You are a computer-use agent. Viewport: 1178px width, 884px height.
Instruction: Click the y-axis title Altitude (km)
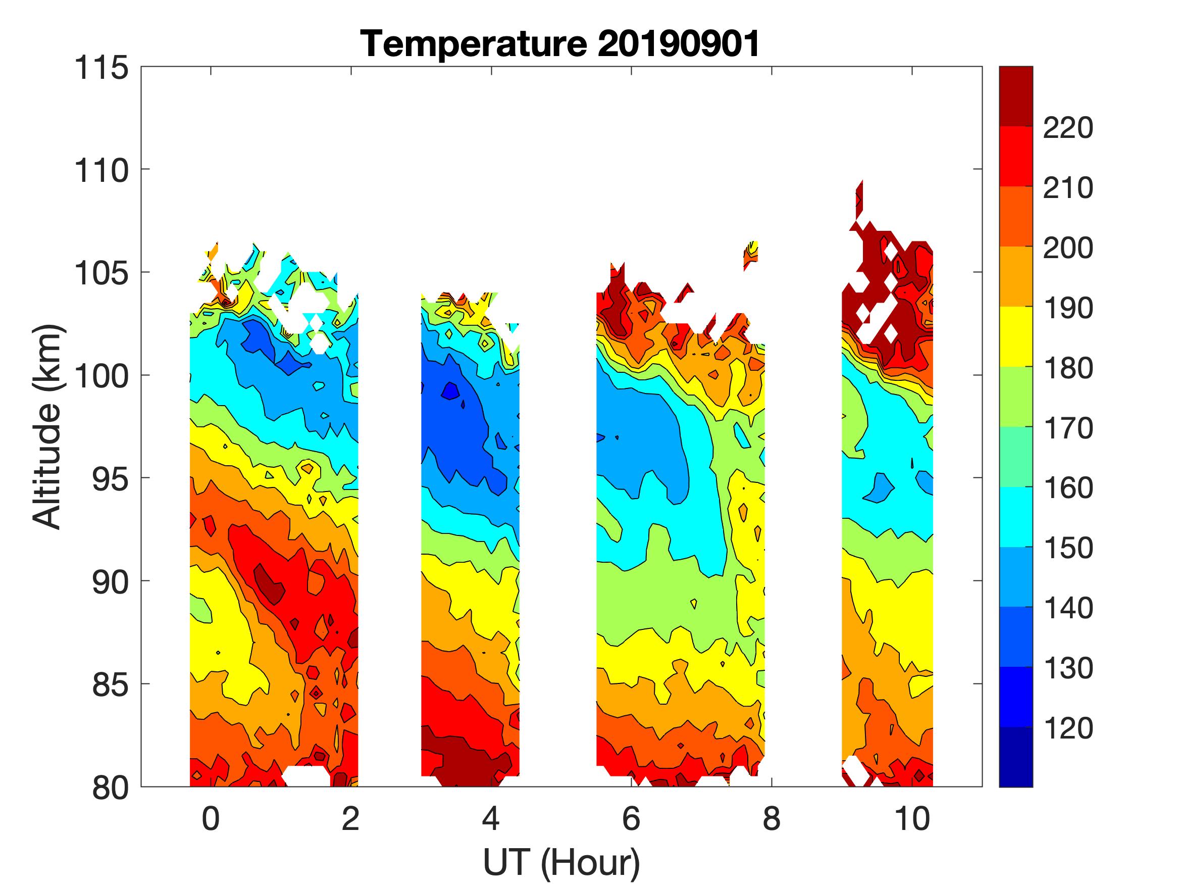[x=47, y=427]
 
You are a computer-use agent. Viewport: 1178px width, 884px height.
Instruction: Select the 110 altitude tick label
[x=101, y=171]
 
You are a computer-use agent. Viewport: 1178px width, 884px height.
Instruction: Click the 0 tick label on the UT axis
[x=211, y=818]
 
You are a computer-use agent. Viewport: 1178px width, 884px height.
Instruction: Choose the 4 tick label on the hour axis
[x=490, y=818]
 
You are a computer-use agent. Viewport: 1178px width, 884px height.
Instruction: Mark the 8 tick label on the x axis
[x=772, y=818]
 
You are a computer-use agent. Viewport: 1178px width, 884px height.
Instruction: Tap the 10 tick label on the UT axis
[x=912, y=818]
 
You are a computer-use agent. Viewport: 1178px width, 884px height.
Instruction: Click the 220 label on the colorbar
[x=1068, y=128]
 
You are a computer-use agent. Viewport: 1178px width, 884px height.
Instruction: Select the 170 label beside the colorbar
[x=1068, y=428]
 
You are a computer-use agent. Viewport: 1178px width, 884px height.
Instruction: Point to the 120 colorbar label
[x=1068, y=728]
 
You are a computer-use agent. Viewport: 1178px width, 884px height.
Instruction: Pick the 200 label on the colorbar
[x=1068, y=249]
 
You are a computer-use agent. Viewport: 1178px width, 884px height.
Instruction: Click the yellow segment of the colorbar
[x=1015, y=336]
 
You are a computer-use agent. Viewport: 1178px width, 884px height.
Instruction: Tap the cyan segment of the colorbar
[x=1015, y=517]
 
